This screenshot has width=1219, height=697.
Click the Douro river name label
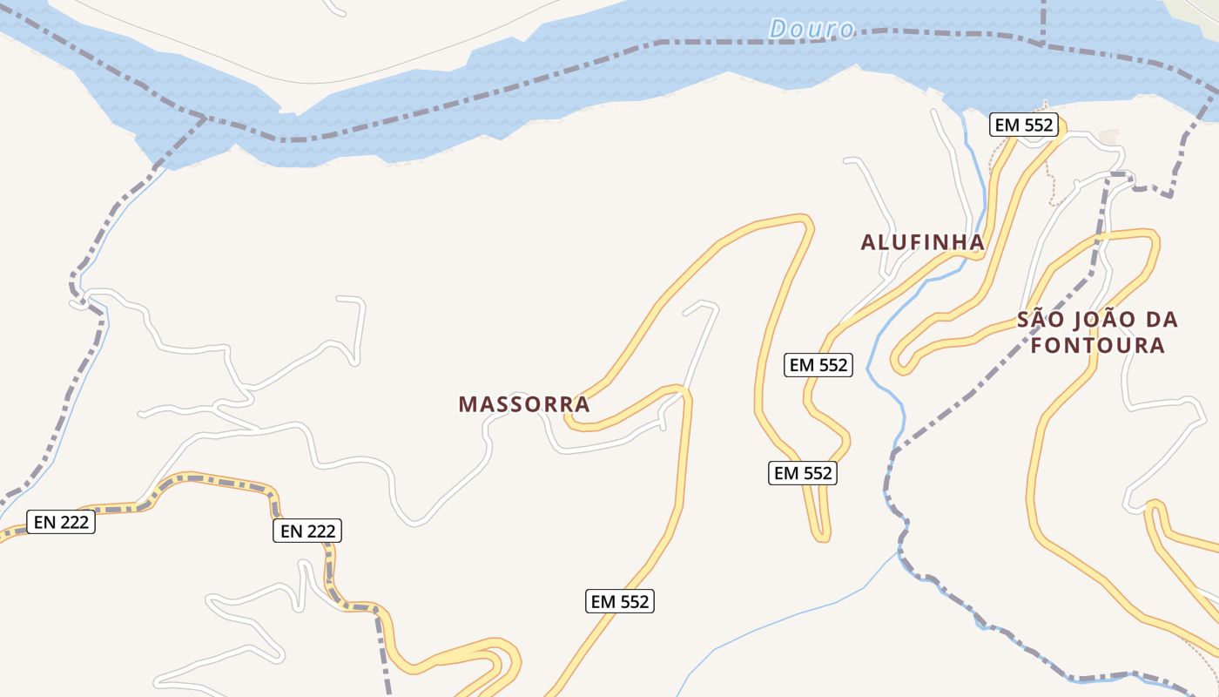tap(812, 29)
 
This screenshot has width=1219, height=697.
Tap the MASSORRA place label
tap(524, 404)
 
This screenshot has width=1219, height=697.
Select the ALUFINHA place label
tap(923, 242)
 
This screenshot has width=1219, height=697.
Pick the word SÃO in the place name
tap(1041, 319)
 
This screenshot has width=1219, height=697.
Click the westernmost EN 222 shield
tap(61, 522)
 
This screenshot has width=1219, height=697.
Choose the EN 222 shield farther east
tap(307, 531)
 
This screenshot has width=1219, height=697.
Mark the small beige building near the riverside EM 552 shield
tap(1108, 137)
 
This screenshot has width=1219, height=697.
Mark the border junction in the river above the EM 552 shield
tap(1043, 43)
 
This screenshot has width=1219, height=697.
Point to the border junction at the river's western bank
tap(206, 117)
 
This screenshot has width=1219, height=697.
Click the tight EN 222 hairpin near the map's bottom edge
tap(511, 655)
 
